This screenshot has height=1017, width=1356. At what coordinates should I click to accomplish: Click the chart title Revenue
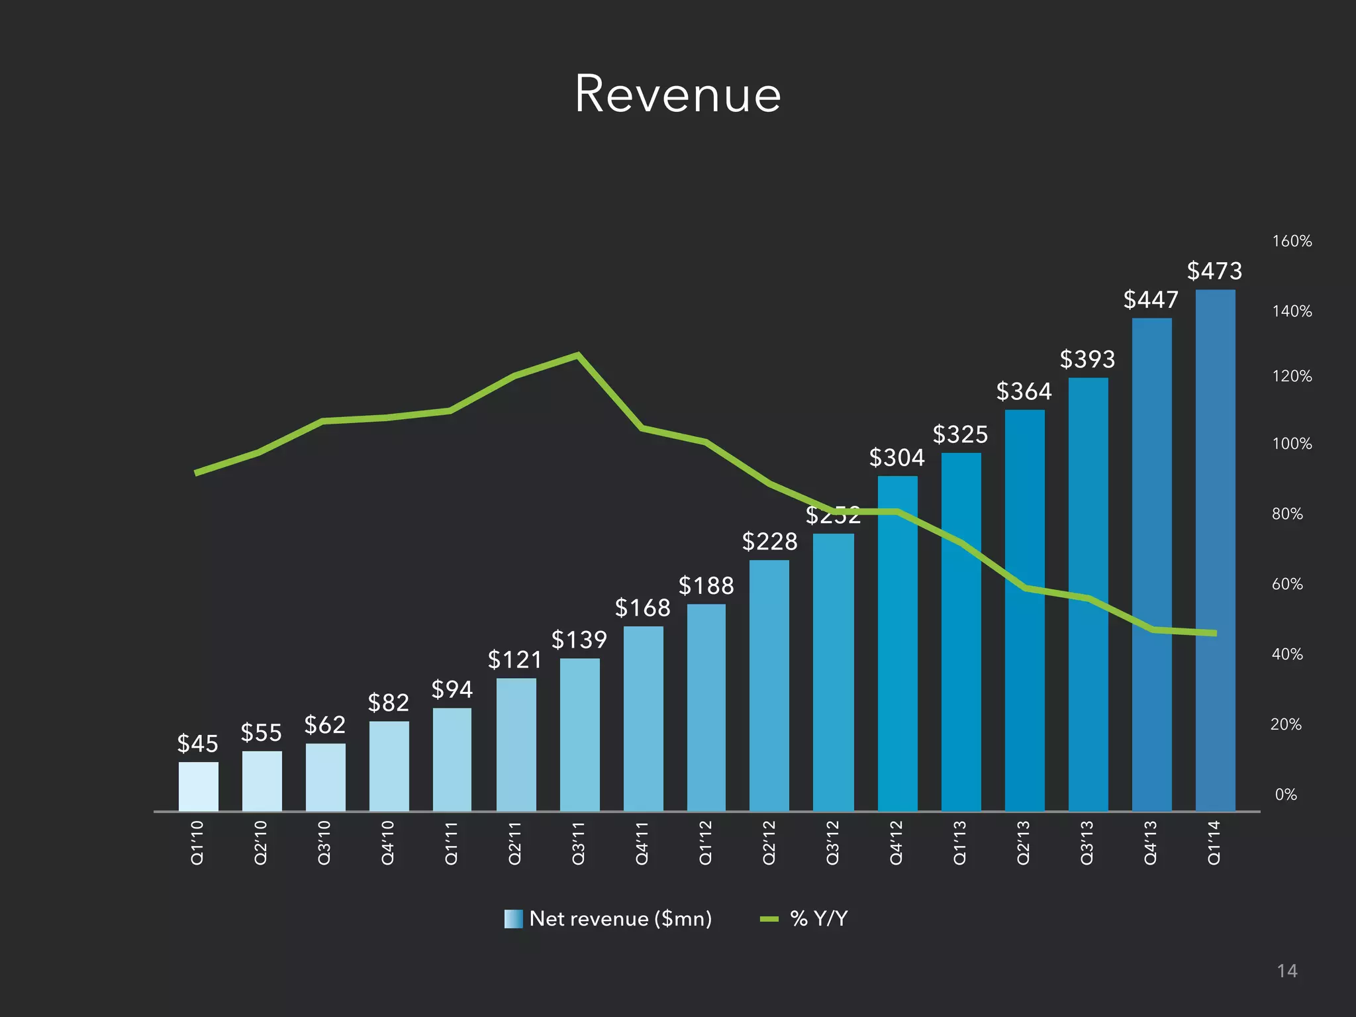[677, 94]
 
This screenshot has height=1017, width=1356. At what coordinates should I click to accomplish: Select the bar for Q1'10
[198, 787]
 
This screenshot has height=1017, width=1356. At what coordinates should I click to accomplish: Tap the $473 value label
[1214, 271]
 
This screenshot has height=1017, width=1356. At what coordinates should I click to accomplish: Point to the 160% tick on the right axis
[1291, 241]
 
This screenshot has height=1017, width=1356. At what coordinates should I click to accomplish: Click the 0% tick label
[1286, 795]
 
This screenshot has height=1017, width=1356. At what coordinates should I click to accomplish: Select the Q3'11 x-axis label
[578, 842]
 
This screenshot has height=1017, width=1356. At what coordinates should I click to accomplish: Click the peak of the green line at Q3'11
[577, 356]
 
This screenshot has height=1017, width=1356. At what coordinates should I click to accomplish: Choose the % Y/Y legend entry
[804, 919]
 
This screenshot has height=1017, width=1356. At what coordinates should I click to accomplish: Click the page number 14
[1286, 971]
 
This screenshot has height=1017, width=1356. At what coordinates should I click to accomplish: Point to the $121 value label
[514, 659]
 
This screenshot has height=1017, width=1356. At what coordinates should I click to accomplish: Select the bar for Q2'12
[769, 685]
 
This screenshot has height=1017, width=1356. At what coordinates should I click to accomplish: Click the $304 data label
[896, 458]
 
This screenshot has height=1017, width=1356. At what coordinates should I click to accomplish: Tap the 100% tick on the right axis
[1291, 444]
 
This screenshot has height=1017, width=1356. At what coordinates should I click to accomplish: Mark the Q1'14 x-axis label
[1214, 842]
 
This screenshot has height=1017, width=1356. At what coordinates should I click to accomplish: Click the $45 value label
[197, 744]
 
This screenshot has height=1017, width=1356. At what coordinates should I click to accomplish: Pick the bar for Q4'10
[389, 766]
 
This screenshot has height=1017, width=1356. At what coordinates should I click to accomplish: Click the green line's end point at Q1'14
[1214, 633]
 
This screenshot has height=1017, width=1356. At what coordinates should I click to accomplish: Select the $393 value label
[1087, 360]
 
